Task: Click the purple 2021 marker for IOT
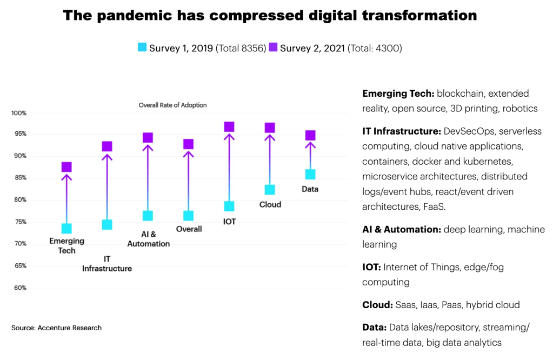coord(229,126)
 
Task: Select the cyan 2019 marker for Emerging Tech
coord(66,229)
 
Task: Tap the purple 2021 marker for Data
coord(310,135)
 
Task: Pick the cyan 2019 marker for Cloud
coord(270,190)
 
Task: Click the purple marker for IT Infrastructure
coord(107,146)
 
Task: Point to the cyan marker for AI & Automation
coord(148,216)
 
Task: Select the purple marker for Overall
coord(188,144)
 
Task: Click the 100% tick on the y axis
coord(19,113)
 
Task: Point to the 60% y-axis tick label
coord(20,288)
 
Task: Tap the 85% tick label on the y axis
coord(20,178)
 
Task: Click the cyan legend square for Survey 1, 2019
coord(142,48)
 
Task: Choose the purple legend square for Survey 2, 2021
coord(273,48)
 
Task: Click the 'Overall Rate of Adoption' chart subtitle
coord(172,105)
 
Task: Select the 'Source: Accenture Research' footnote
coord(56,328)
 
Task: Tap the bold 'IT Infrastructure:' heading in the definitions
coord(402,131)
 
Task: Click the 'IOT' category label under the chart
coord(229,222)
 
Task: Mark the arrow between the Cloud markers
coord(270,159)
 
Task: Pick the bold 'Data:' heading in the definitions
coord(377,327)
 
